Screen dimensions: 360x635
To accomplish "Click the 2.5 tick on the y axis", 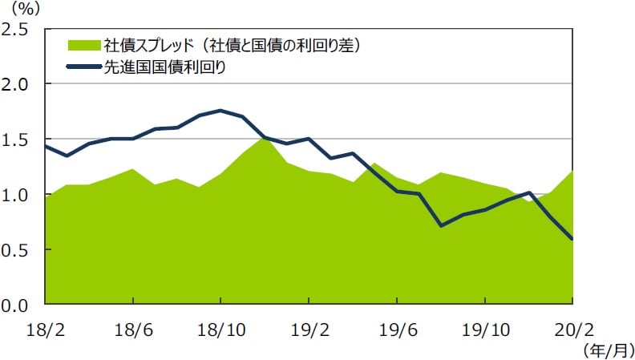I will pyautogui.click(x=17, y=29).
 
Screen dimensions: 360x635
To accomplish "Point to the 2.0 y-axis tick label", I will pyautogui.click(x=17, y=84).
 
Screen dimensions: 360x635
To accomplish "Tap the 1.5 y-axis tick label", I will pyautogui.click(x=17, y=140).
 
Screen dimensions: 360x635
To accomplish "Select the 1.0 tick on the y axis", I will pyautogui.click(x=17, y=195).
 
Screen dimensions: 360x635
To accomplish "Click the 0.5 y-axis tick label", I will pyautogui.click(x=17, y=250).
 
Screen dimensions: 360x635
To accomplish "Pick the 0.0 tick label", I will pyautogui.click(x=17, y=305).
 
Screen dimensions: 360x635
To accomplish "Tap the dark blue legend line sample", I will pyautogui.click(x=83, y=67).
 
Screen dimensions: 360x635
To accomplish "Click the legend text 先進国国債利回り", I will pyautogui.click(x=164, y=67).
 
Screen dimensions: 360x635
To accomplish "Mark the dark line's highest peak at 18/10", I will pyautogui.click(x=220, y=111).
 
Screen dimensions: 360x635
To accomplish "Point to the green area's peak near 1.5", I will pyautogui.click(x=264, y=138).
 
